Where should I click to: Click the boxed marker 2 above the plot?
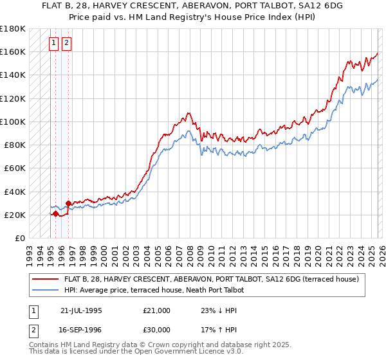click(66, 44)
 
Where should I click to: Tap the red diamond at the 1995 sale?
click(55, 213)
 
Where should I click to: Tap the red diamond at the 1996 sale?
click(68, 203)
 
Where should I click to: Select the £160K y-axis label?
click(13, 51)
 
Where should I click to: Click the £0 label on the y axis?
click(19, 238)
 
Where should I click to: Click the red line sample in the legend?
click(45, 280)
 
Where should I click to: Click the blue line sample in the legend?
click(45, 291)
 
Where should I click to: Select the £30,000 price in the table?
click(157, 330)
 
